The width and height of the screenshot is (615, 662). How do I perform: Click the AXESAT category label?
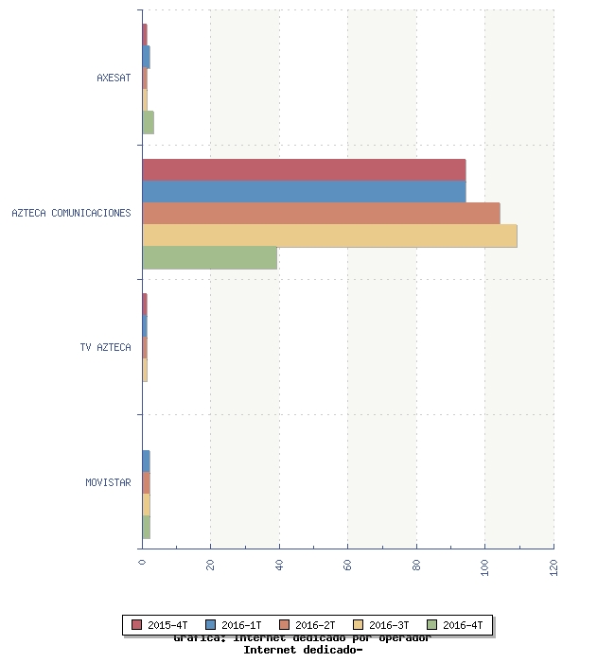pos(114,78)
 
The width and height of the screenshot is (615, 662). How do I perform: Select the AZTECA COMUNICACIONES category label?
pos(71,213)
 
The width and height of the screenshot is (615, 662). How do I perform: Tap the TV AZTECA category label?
pos(105,347)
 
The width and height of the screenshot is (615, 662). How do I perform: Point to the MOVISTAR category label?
pos(108,482)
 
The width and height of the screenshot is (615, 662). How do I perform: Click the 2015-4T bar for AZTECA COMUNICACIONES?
pos(304,169)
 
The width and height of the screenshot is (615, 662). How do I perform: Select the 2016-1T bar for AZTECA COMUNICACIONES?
pos(304,191)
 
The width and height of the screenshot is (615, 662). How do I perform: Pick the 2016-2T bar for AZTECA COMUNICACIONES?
pos(321,213)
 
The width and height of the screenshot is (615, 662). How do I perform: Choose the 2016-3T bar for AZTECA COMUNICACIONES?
pos(329,235)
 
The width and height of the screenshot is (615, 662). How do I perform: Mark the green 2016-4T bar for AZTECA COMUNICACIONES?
pos(209,257)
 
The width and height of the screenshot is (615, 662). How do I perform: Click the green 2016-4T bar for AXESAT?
pos(149,122)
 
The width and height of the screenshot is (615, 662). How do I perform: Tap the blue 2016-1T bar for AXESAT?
pos(147,57)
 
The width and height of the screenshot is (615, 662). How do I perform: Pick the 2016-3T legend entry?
pos(382,625)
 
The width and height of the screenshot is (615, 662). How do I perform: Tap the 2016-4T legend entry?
pos(456,625)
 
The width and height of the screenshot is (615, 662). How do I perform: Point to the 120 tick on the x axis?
pos(553,566)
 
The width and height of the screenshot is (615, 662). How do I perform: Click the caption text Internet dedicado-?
pos(303,650)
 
